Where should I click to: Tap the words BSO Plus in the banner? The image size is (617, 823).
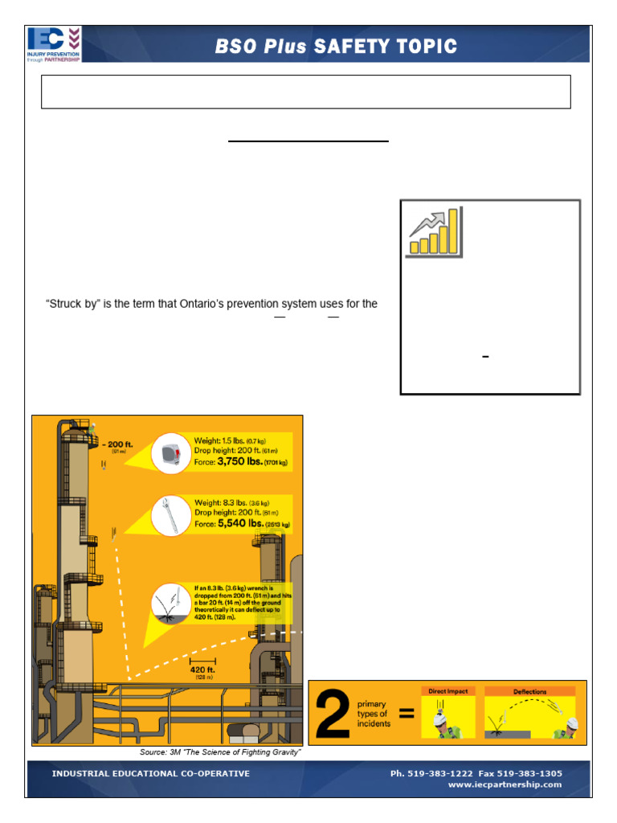pos(260,47)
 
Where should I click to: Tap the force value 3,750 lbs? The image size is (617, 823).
pos(246,463)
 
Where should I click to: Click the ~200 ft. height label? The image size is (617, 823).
pos(118,444)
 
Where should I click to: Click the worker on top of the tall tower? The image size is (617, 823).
pos(94,428)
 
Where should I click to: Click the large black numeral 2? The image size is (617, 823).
pos(333,713)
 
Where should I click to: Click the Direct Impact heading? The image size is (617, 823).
pos(448,691)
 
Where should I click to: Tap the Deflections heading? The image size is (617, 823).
pos(529,691)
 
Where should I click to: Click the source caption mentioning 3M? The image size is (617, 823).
pos(220,751)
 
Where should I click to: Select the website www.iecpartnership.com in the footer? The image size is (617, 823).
pos(505,784)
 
